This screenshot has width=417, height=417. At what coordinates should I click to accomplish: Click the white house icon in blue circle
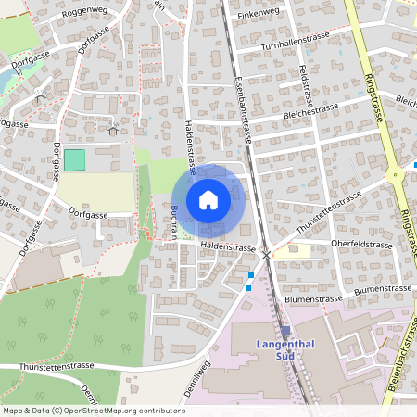pyautogui.click(x=208, y=199)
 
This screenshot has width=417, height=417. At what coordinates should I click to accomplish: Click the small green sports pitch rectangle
pyautogui.click(x=73, y=159)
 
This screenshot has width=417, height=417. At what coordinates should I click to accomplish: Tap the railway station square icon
pyautogui.click(x=285, y=330)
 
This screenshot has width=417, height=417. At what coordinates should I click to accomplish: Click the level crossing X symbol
pyautogui.click(x=267, y=253)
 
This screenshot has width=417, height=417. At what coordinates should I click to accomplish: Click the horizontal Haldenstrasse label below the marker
pyautogui.click(x=228, y=247)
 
